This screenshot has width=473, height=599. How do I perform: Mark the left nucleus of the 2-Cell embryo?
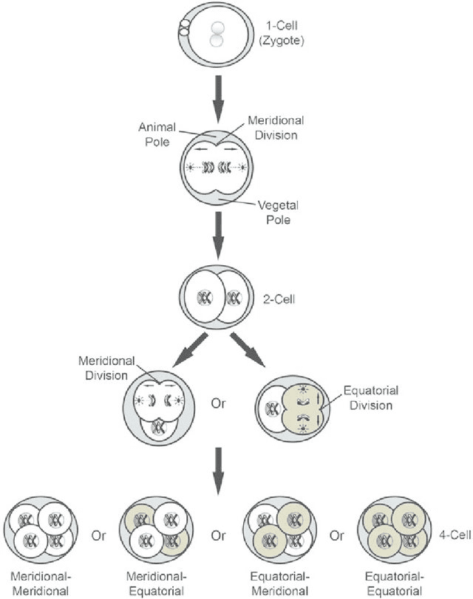[x=204, y=298]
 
